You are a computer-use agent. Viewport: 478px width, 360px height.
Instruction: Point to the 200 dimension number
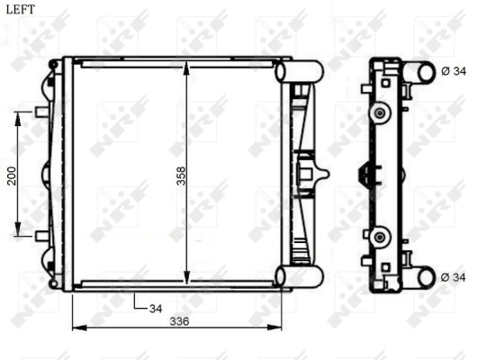(12, 175)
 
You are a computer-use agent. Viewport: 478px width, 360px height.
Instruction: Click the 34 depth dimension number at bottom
(155, 308)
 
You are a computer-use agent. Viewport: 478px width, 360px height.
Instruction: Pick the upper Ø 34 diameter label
(455, 71)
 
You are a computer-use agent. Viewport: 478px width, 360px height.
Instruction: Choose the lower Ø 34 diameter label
(455, 277)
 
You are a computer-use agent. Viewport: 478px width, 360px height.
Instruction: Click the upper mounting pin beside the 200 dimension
(41, 112)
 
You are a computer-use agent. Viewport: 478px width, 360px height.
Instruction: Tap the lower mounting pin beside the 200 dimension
(41, 236)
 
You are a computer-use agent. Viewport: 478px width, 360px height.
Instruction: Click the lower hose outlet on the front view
(302, 276)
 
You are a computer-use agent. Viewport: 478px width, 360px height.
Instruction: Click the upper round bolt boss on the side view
(380, 112)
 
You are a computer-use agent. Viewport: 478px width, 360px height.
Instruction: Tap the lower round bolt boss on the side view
(380, 237)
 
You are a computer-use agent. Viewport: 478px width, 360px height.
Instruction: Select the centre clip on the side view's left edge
(364, 174)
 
